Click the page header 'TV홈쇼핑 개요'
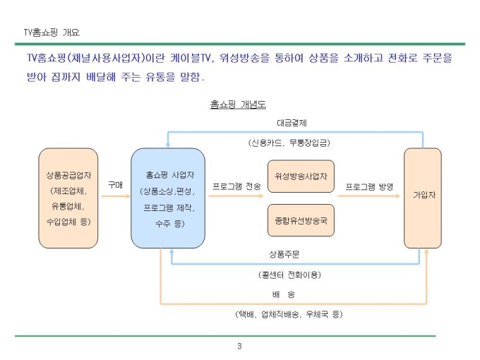tap(52, 32)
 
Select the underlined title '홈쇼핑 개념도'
tap(238, 104)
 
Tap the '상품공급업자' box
tap(68, 198)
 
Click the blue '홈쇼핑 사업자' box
tap(168, 198)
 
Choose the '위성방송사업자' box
tap(301, 176)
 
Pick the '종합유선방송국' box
tap(301, 220)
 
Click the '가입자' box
tap(423, 198)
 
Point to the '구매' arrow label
tap(115, 185)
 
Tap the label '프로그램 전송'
tap(236, 186)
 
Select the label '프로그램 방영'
tap(369, 186)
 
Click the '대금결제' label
tap(292, 123)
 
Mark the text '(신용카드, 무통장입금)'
tap(289, 143)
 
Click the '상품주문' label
tap(284, 254)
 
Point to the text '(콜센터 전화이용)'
tap(289, 275)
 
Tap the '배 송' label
tap(284, 294)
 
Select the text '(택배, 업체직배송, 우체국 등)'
tap(289, 314)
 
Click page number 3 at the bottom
tap(239, 346)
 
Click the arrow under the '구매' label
tap(116, 196)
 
